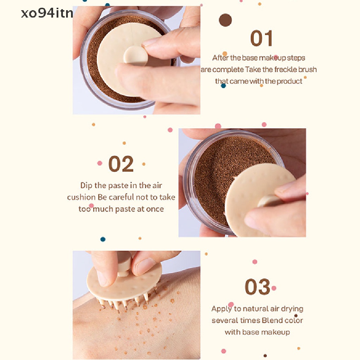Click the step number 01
(x=261, y=39)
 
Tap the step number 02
(x=121, y=164)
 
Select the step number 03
(x=257, y=287)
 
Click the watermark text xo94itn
(x=47, y=13)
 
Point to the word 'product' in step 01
(x=289, y=81)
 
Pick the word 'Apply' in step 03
(x=221, y=309)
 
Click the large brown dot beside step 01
(x=225, y=20)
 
